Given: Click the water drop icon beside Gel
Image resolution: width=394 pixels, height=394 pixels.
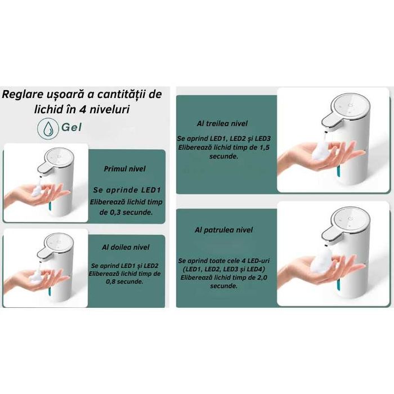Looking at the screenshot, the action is (x=47, y=128).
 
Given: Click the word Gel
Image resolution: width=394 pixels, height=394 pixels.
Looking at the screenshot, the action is (x=71, y=127).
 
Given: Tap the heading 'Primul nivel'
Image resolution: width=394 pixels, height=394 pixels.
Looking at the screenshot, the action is (x=124, y=169).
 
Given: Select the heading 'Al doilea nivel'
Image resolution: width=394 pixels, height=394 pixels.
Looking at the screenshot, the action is (x=126, y=247).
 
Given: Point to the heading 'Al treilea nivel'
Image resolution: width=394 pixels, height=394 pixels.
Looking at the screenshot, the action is (x=222, y=123).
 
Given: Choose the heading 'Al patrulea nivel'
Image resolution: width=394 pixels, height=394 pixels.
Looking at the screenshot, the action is (x=223, y=230).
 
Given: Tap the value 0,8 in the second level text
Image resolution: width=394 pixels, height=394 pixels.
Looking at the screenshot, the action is (x=111, y=281).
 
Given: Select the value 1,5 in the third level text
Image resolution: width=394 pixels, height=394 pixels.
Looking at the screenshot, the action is (x=264, y=147).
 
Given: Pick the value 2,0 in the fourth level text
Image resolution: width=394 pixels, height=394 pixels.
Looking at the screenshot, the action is (x=262, y=277).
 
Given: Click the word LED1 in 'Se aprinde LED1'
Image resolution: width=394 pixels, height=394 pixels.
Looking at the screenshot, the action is (x=151, y=190).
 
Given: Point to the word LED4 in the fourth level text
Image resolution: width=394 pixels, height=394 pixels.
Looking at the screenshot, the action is (x=255, y=270).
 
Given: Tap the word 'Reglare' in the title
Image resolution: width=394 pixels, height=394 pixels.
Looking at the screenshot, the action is (x=23, y=95).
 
